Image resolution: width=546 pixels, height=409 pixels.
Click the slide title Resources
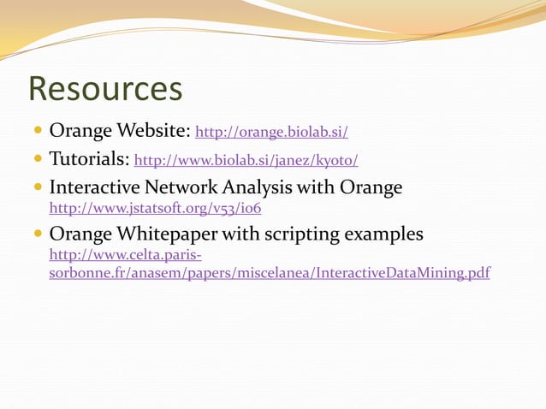click(105, 89)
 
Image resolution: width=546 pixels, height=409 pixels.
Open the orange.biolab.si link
click(271, 133)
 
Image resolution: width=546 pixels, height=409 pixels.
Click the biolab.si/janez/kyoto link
click(246, 160)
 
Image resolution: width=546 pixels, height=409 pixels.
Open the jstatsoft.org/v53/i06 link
click(155, 207)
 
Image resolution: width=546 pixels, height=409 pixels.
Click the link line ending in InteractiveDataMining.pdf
click(270, 273)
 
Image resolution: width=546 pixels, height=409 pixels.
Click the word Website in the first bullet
click(152, 132)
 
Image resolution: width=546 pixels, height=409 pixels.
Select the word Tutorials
click(88, 159)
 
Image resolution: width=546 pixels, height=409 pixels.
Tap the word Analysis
click(261, 187)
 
